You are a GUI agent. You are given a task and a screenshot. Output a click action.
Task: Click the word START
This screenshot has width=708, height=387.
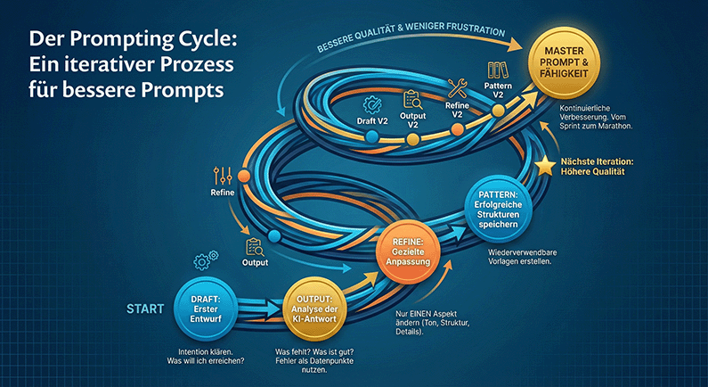tap(144, 310)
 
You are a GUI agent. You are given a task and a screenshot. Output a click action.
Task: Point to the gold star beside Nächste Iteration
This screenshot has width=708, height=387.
tap(545, 166)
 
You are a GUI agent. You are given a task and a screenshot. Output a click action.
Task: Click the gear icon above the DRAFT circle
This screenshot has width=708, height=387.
tap(204, 261)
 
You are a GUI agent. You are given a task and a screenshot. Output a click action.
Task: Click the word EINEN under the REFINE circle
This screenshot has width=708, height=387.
tap(435, 314)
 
